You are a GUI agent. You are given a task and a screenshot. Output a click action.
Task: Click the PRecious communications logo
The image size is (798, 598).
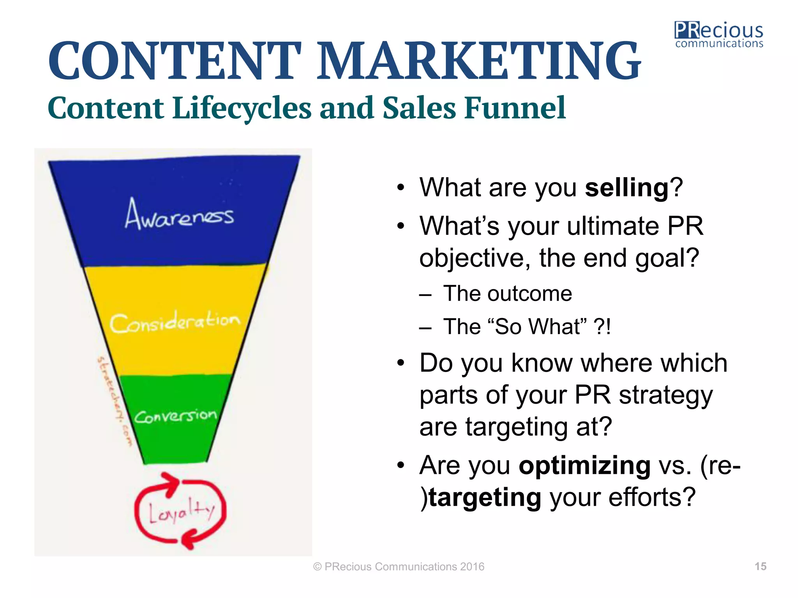click(719, 35)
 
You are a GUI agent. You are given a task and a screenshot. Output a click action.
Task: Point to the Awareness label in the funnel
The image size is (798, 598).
click(179, 215)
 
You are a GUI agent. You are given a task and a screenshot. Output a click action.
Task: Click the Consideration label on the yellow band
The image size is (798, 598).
click(175, 322)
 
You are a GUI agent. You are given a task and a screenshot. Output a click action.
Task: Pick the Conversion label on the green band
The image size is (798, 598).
click(175, 416)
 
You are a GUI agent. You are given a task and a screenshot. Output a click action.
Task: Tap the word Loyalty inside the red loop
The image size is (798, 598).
click(181, 511)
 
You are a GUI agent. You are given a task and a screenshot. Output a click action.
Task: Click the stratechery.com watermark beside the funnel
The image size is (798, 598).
click(115, 401)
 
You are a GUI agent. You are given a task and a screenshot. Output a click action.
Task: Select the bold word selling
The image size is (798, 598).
click(627, 188)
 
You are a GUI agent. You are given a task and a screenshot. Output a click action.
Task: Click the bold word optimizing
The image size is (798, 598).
click(584, 465)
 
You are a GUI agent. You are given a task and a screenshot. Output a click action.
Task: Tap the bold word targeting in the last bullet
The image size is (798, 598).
click(485, 498)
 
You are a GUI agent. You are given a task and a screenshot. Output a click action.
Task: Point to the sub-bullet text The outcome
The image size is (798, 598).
click(507, 294)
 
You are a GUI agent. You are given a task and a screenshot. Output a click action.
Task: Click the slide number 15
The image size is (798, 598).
click(760, 566)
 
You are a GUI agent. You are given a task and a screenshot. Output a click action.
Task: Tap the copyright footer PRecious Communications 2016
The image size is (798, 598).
click(399, 567)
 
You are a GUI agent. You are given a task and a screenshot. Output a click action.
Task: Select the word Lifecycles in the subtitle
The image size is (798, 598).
click(242, 108)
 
